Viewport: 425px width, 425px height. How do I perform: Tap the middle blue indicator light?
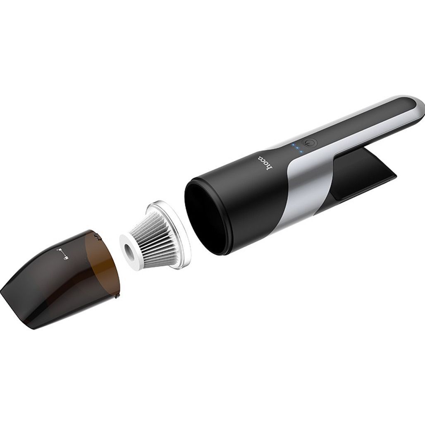tap(296, 148)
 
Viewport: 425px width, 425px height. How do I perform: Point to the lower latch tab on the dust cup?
tap(117, 296)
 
